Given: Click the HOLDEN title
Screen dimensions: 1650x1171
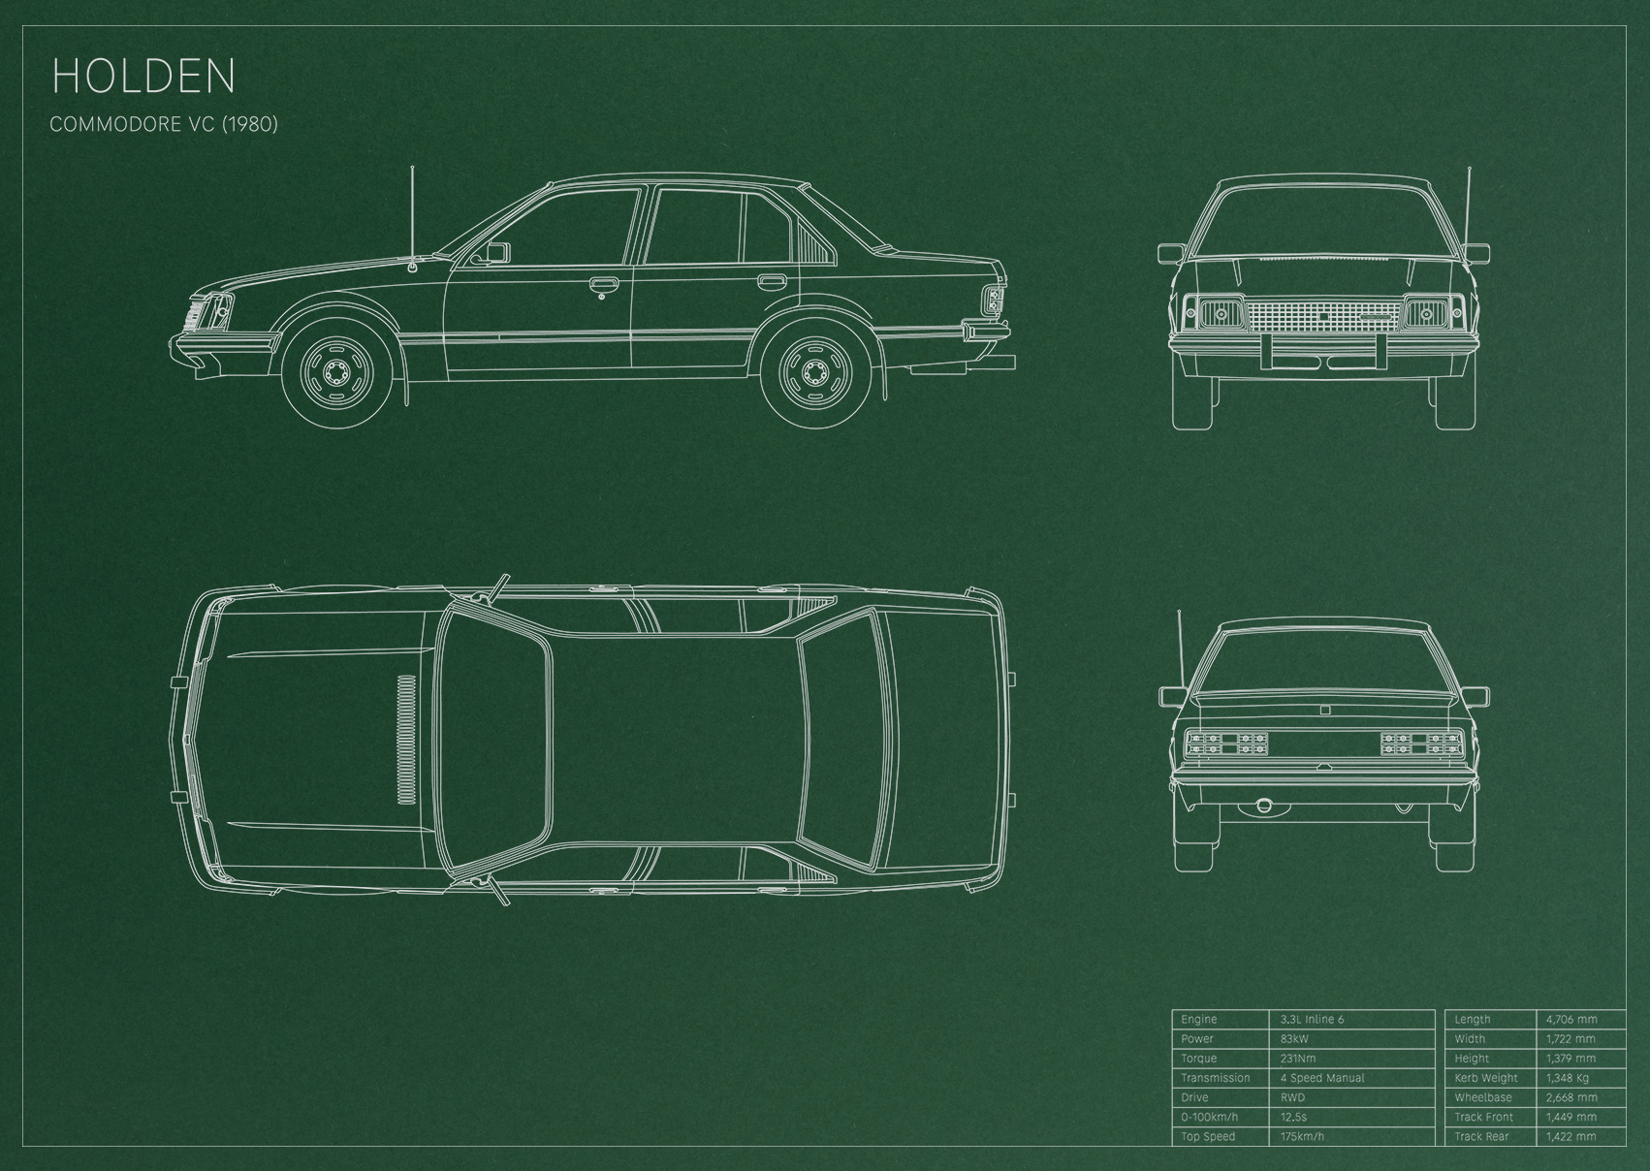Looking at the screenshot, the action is coord(143,76).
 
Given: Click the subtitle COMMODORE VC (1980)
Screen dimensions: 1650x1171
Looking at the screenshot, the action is coord(164,124).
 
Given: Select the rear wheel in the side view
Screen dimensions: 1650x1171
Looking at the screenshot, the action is coord(814,374).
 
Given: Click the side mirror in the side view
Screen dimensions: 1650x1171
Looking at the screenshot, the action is coord(496,253).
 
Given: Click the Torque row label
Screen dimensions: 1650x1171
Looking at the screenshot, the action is coord(1198,1059).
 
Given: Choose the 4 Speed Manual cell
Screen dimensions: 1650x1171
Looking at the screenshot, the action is coord(1322,1078).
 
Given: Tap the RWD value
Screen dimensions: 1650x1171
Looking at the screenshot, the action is coord(1292,1097).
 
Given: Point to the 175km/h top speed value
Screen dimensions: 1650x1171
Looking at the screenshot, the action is coord(1302,1136).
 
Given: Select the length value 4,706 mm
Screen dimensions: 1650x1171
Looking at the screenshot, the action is coord(1571,1019).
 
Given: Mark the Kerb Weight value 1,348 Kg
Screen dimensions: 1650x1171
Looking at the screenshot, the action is coord(1568,1078).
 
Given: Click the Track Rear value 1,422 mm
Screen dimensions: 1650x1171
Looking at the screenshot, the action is coord(1571,1136).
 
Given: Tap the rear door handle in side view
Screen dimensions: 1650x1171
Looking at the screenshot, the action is coord(771,280).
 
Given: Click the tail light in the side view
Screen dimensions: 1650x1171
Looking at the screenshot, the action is coord(995,300).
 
